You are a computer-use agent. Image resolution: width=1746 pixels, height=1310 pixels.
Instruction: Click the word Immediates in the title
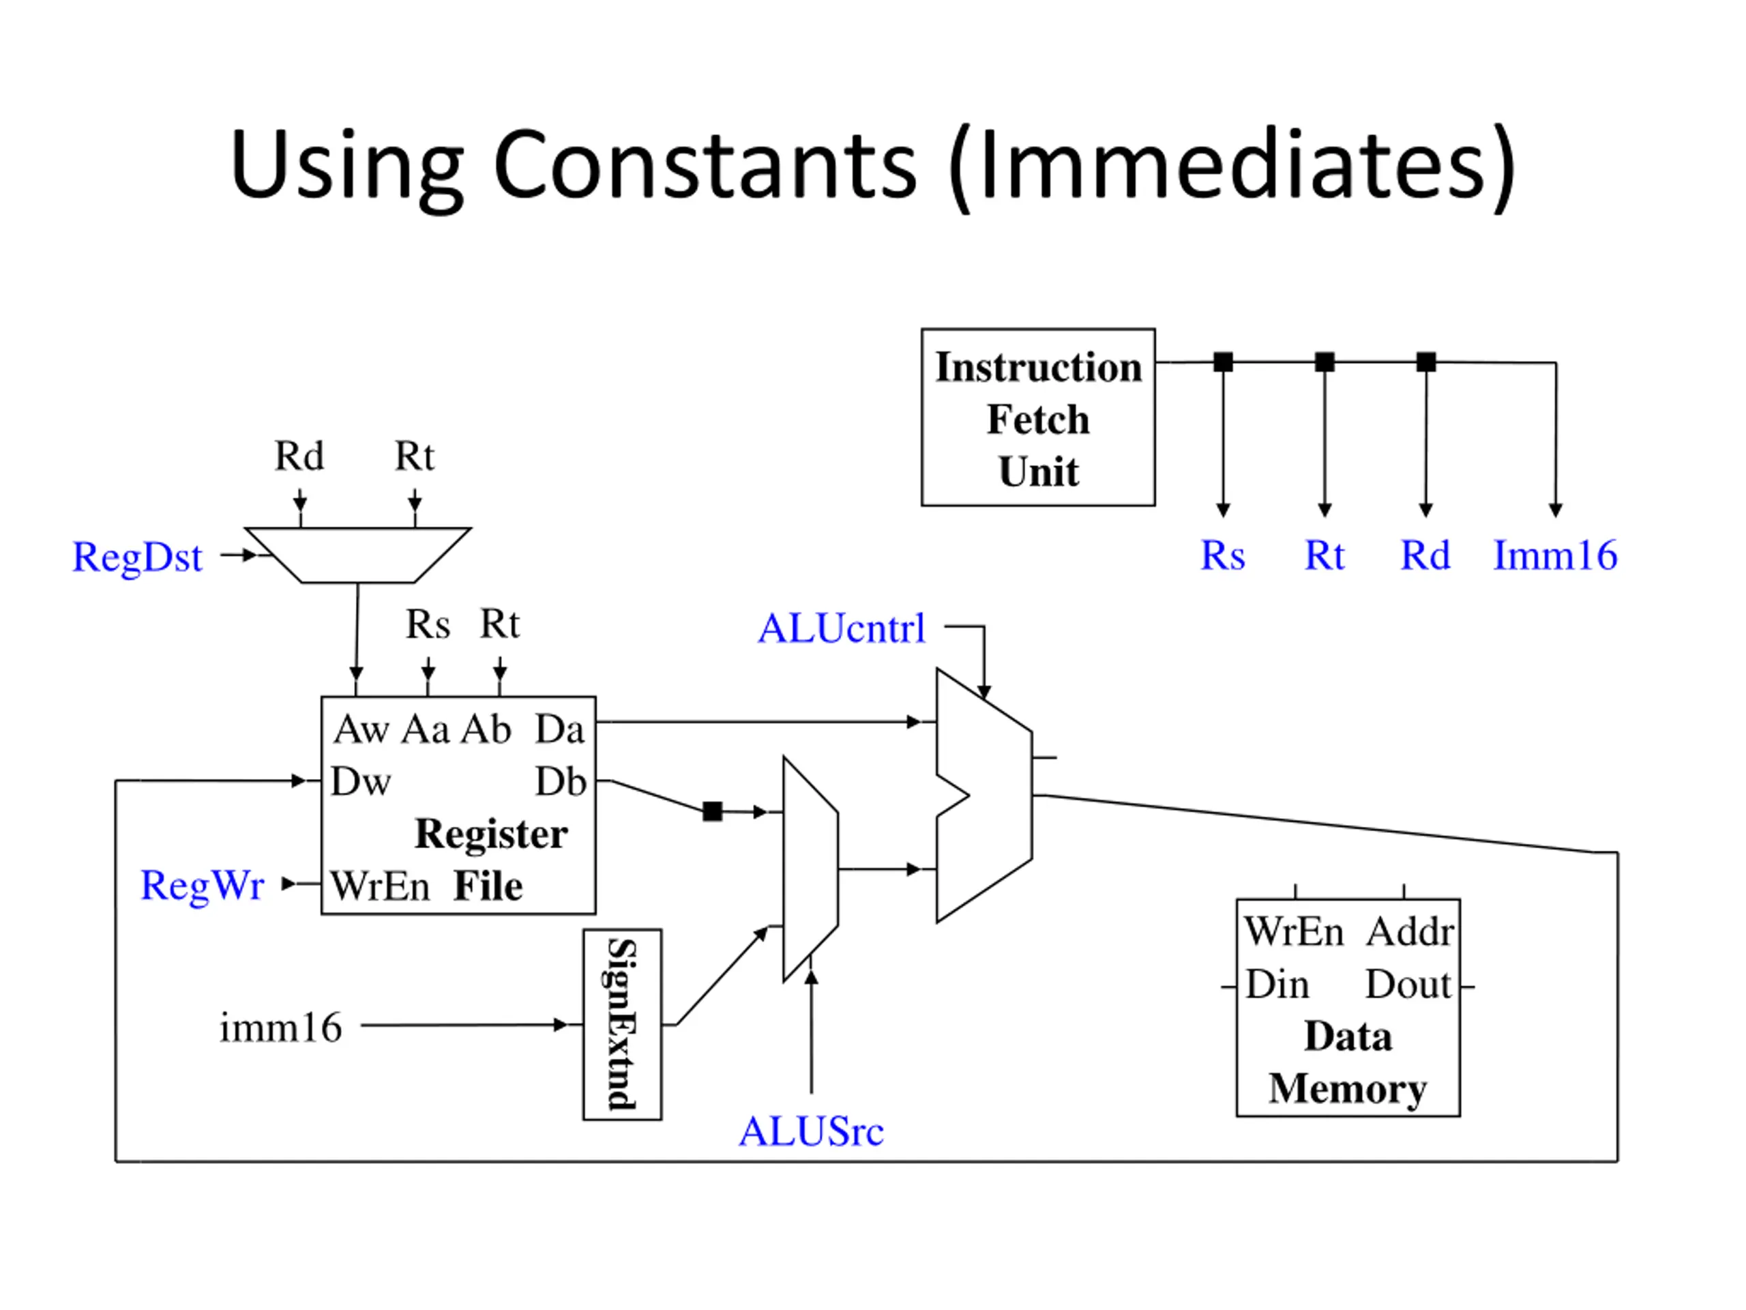coord(1232,165)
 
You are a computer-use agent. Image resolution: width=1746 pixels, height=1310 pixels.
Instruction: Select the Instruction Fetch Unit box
coord(1038,417)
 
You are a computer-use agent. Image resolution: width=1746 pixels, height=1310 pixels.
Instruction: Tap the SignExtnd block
coord(622,1024)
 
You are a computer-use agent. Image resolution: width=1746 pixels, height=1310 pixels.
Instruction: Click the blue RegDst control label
coord(137,557)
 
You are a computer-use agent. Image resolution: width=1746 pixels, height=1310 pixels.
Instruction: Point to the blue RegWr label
coord(202,884)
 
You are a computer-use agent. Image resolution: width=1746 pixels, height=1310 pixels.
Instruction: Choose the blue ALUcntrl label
coord(842,628)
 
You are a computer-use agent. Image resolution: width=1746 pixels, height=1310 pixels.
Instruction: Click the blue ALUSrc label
coord(811,1131)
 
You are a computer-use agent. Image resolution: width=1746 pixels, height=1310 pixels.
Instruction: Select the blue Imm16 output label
coord(1555,555)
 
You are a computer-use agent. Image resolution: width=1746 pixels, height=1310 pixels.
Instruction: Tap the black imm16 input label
coord(280,1028)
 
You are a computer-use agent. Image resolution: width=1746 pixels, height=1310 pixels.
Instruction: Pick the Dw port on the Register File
coord(361,782)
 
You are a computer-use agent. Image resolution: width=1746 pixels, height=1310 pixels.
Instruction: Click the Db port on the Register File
coord(561,782)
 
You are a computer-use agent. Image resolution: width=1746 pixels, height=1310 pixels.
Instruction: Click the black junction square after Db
coord(712,811)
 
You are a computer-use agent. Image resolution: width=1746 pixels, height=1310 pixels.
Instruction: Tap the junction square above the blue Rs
coord(1223,362)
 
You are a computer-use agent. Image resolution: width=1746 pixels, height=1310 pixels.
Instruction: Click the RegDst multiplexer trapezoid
coord(357,555)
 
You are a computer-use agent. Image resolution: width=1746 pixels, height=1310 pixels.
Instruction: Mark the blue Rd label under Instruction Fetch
coord(1425,555)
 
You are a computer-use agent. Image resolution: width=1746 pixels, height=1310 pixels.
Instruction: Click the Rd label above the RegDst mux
coord(299,456)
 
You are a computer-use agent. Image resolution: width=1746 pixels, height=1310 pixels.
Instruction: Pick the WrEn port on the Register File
coord(380,886)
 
